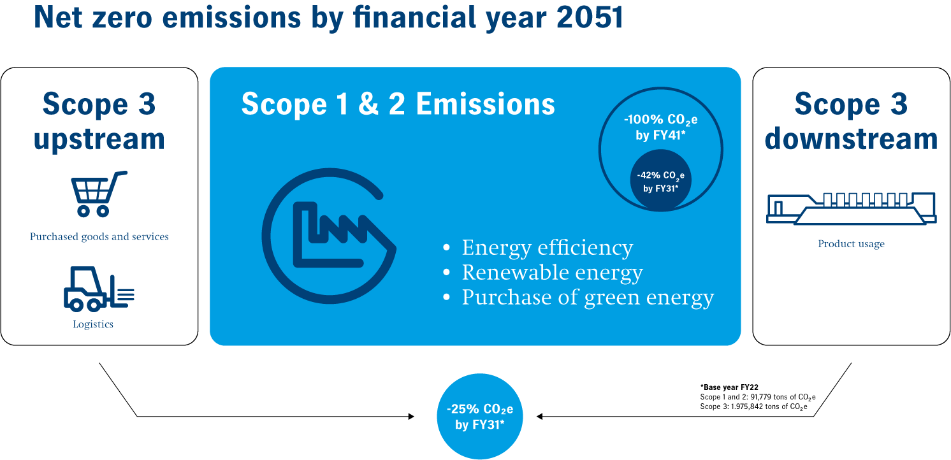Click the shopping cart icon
click(99, 194)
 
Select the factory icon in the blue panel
click(329, 236)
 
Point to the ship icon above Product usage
click(851, 208)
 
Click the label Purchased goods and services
click(99, 237)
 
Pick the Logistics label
click(93, 324)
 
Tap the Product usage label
click(851, 243)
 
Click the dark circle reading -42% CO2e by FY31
click(660, 180)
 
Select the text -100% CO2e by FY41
click(660, 127)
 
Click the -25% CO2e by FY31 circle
click(480, 416)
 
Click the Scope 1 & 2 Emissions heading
click(398, 104)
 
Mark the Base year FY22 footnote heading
click(729, 387)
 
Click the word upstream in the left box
click(99, 139)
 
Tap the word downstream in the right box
click(851, 139)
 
